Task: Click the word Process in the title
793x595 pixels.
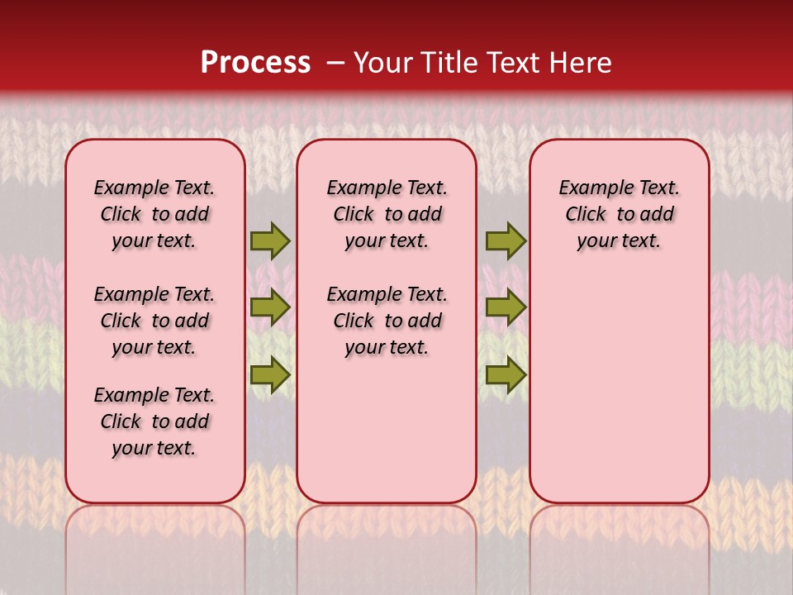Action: (255, 63)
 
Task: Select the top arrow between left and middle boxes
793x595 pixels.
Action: (270, 240)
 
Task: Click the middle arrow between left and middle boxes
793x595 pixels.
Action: (270, 307)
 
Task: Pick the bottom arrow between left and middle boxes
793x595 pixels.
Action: (270, 375)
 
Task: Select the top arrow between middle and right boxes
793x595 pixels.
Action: (506, 240)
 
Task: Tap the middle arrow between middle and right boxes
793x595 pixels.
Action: (506, 307)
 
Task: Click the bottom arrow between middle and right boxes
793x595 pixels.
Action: (506, 375)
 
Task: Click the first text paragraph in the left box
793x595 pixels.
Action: (154, 214)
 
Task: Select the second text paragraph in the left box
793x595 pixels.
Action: (154, 321)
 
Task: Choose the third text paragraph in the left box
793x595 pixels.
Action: (154, 421)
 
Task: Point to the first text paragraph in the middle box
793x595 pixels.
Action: (387, 214)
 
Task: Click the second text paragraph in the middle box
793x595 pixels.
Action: (387, 321)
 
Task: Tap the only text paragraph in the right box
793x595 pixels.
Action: (619, 214)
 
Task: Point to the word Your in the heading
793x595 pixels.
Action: (382, 63)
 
